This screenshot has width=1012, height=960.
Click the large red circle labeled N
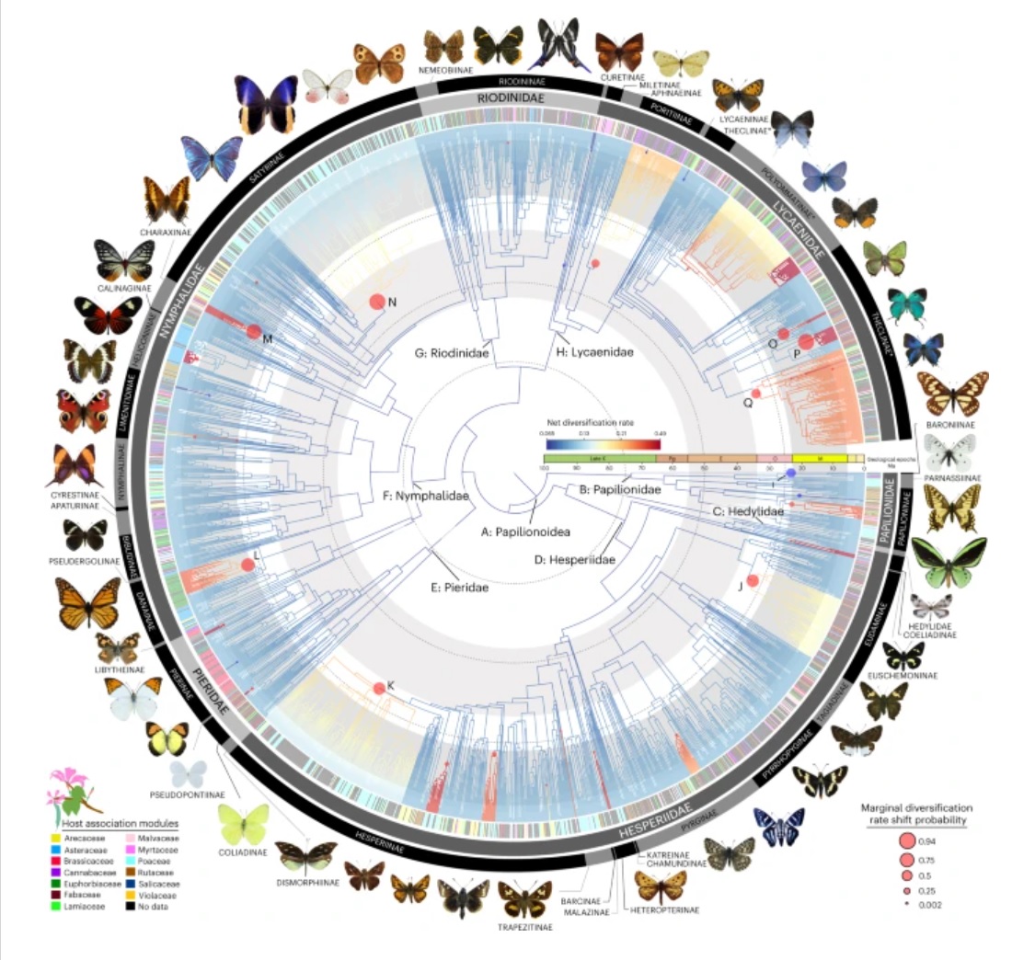(375, 302)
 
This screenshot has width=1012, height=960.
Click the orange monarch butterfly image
(88, 602)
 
